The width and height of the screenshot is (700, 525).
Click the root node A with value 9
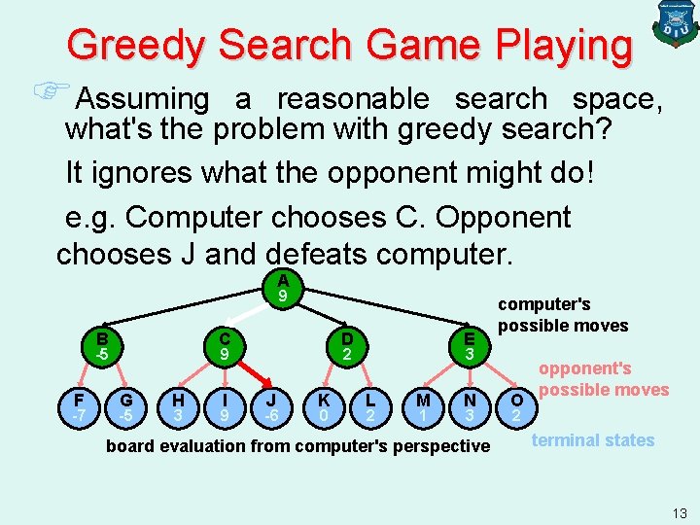(x=282, y=286)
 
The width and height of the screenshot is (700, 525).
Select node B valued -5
(x=101, y=346)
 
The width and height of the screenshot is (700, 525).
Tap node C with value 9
(x=225, y=346)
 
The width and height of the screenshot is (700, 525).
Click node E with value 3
(x=470, y=346)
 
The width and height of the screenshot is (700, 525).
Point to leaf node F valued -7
(x=78, y=408)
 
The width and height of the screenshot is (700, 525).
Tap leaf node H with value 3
(x=177, y=408)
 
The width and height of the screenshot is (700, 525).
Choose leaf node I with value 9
(x=225, y=408)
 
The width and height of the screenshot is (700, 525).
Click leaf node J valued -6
(x=274, y=408)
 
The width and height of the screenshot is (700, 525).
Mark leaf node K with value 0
(x=323, y=408)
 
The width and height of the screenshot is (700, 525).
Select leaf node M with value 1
(x=422, y=408)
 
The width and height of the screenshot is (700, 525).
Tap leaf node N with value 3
(x=471, y=408)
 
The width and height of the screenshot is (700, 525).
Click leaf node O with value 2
(x=517, y=408)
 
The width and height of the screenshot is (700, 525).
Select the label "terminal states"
(x=593, y=440)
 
